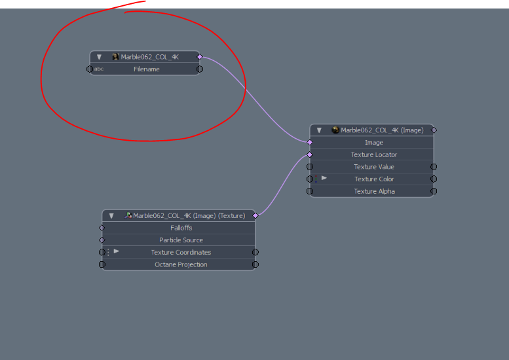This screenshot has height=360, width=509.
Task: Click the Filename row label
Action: [x=147, y=69]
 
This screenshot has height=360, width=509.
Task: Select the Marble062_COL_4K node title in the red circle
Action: [x=149, y=57]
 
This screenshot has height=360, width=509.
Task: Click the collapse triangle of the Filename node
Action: [x=99, y=57]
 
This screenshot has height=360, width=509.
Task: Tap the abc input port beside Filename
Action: [x=90, y=69]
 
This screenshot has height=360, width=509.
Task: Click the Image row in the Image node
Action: [x=373, y=143]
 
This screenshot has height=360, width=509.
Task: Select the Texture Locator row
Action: [x=373, y=155]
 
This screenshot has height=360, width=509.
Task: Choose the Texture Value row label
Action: [x=374, y=167]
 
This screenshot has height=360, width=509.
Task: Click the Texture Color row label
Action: [x=374, y=179]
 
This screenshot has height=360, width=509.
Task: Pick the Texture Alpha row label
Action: [x=374, y=192]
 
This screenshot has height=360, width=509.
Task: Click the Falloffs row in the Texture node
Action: [x=181, y=228]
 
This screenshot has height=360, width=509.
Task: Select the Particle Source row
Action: [x=181, y=240]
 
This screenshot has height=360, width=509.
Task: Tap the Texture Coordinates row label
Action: [x=181, y=253]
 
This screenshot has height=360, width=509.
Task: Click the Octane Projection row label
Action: [x=181, y=265]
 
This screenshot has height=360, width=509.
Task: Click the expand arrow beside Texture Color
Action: [x=324, y=178]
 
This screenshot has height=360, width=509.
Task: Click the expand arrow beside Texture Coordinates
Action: [x=117, y=251]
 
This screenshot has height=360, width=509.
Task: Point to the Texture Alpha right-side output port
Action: [x=434, y=191]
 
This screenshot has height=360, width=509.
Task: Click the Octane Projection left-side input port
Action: [x=102, y=264]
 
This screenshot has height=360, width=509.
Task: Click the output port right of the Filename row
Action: [x=200, y=69]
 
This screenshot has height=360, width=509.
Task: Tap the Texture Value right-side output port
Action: [x=434, y=167]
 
